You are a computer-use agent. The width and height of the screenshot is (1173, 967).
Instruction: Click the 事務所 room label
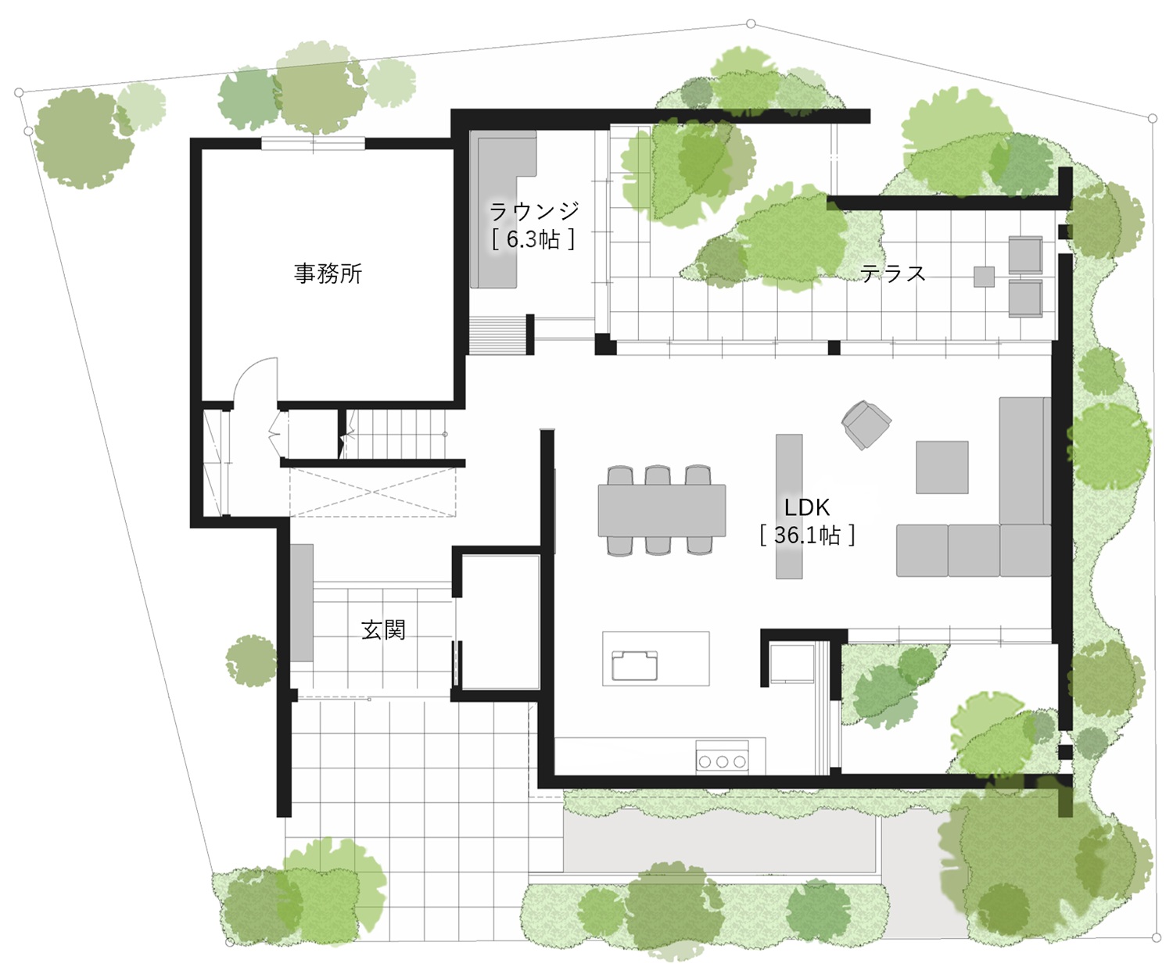point(328,274)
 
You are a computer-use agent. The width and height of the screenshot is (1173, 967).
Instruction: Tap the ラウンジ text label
point(534,211)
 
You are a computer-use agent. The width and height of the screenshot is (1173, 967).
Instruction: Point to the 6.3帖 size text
point(533,239)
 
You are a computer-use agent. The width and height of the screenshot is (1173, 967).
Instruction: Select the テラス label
point(893,274)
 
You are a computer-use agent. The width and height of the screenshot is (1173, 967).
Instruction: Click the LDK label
point(807,507)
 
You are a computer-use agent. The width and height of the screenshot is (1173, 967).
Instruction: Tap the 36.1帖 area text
point(807,535)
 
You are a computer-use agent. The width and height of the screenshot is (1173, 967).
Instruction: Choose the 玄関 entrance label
point(383,629)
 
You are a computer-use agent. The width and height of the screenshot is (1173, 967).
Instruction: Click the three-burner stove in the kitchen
point(722,755)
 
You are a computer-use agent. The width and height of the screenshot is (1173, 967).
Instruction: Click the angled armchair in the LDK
point(866,424)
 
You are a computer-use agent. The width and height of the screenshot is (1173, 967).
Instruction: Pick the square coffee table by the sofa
point(942,467)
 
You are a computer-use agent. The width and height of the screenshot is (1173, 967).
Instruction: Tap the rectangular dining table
point(662,510)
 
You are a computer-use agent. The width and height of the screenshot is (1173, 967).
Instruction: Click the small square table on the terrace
point(984,277)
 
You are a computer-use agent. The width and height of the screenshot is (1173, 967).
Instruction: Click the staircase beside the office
point(398,434)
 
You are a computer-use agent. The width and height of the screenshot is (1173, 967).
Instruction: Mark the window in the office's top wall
point(313,144)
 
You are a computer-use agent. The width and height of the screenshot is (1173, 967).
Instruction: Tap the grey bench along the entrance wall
point(302,603)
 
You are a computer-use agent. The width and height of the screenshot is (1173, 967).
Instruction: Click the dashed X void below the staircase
point(372,492)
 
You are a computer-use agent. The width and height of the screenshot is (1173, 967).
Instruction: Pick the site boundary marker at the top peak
point(751,23)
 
